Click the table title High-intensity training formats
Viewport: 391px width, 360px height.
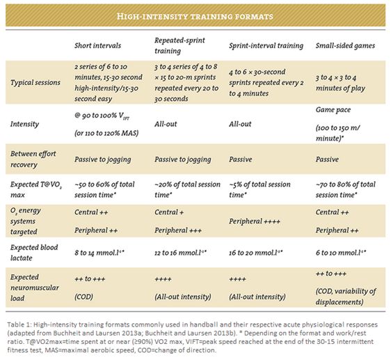tap(195, 17)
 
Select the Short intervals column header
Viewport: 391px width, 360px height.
tap(97, 46)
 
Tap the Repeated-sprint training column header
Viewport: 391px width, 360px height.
tap(179, 45)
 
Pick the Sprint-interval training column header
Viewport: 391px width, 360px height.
tap(266, 46)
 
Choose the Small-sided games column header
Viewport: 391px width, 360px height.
tap(345, 46)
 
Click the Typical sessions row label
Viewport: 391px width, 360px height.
tap(35, 83)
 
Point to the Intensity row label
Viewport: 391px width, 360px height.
tap(24, 124)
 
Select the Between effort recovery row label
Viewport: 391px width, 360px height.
tap(33, 159)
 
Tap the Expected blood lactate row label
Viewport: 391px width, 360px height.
tap(34, 252)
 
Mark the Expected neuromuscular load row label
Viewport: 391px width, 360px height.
tap(34, 288)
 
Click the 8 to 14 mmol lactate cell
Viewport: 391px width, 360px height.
tap(99, 253)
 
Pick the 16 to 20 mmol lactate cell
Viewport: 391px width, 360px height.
tap(255, 253)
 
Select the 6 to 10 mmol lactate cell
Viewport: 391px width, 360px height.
tap(341, 253)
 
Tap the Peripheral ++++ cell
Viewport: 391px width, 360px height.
tap(255, 221)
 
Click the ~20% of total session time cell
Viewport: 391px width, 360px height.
tap(187, 189)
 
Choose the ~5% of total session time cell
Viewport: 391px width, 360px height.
tap(260, 189)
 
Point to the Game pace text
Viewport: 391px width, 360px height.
tap(333, 109)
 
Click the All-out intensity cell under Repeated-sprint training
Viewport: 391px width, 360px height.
tap(182, 297)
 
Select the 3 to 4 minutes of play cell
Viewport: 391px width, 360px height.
tap(340, 83)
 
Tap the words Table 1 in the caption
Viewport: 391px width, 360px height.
tap(17, 324)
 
